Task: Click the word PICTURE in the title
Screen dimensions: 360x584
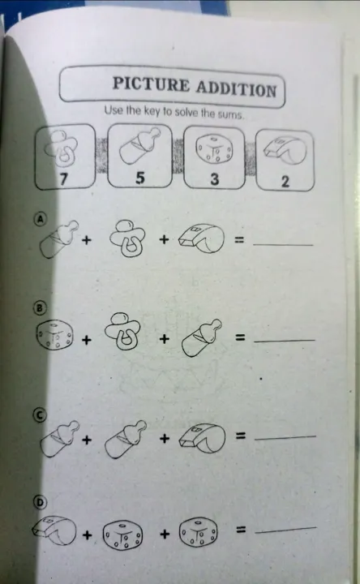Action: click(x=151, y=84)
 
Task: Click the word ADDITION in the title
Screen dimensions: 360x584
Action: click(x=236, y=89)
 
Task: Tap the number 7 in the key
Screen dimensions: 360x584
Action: click(x=64, y=178)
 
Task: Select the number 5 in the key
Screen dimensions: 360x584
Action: click(x=139, y=178)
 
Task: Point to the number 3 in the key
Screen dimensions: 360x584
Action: click(x=214, y=179)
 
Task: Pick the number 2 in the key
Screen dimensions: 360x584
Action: click(x=285, y=182)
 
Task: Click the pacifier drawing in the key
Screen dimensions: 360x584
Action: click(x=62, y=148)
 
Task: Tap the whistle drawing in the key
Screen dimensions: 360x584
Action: click(x=285, y=151)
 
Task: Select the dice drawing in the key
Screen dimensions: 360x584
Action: click(x=214, y=150)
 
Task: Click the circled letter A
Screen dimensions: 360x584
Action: click(x=41, y=219)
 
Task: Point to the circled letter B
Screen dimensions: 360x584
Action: click(x=40, y=308)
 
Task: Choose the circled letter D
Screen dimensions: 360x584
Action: click(x=41, y=503)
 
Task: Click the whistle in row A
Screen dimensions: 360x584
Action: click(x=202, y=238)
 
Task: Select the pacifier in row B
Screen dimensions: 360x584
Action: click(x=122, y=332)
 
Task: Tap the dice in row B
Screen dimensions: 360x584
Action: click(x=54, y=334)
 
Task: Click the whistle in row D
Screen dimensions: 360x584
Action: click(x=54, y=530)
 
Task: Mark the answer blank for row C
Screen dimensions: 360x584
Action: click(x=285, y=437)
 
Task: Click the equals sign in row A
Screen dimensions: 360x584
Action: click(x=239, y=239)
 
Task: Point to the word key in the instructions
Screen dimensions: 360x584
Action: click(x=152, y=111)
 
